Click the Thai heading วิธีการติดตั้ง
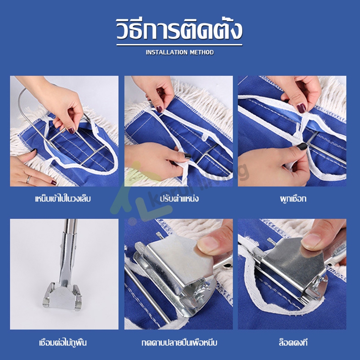pyautogui.click(x=179, y=29)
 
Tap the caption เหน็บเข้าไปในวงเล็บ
pyautogui.click(x=63, y=198)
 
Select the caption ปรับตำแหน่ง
pyautogui.click(x=179, y=198)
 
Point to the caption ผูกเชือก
pyautogui.click(x=293, y=198)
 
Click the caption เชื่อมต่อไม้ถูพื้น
pyautogui.click(x=63, y=342)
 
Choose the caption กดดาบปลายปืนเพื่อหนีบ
pyautogui.click(x=179, y=343)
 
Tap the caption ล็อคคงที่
pyautogui.click(x=293, y=342)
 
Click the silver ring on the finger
pyautogui.click(x=28, y=179)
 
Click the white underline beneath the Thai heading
pyautogui.click(x=179, y=45)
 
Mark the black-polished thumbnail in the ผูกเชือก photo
pyautogui.click(x=302, y=146)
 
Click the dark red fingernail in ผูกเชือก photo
pyautogui.click(x=301, y=108)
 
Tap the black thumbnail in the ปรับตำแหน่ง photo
pyautogui.click(x=187, y=156)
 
